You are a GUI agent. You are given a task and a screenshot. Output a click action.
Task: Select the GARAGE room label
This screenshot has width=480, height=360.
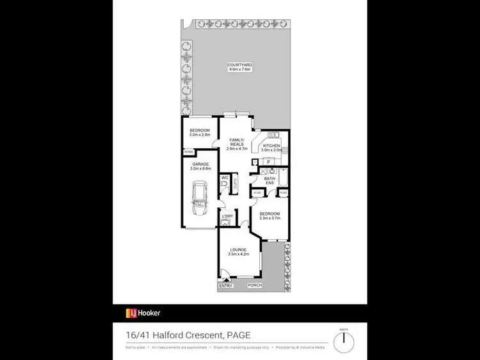pyautogui.click(x=201, y=164)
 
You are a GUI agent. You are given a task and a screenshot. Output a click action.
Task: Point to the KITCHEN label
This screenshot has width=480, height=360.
pyautogui.click(x=271, y=146)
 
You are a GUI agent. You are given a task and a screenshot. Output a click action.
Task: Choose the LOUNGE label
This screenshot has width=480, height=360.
pyautogui.click(x=237, y=249)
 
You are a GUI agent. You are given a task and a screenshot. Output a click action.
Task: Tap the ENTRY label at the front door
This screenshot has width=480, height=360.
pyautogui.click(x=225, y=286)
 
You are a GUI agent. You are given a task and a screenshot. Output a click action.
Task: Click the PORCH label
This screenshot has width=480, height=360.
pyautogui.click(x=255, y=285)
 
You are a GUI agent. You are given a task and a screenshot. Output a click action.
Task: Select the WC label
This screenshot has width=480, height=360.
pyautogui.click(x=225, y=177)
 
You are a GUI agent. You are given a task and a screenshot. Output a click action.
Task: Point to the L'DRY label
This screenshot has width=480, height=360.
pyautogui.click(x=227, y=217)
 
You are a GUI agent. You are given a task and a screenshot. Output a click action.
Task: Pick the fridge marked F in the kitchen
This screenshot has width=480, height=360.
pyautogui.click(x=269, y=162)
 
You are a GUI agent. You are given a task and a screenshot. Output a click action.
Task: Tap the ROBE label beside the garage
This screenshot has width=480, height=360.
pyautogui.click(x=189, y=152)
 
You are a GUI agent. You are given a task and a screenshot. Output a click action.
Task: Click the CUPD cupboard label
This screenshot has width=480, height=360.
pyautogui.click(x=236, y=184)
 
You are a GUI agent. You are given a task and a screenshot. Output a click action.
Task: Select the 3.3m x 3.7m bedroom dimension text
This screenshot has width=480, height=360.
pyautogui.click(x=269, y=218)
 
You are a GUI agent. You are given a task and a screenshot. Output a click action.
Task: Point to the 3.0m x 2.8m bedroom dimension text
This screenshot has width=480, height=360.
pyautogui.click(x=200, y=135)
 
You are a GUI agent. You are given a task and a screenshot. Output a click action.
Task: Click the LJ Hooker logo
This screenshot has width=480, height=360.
pyautogui.click(x=143, y=313)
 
